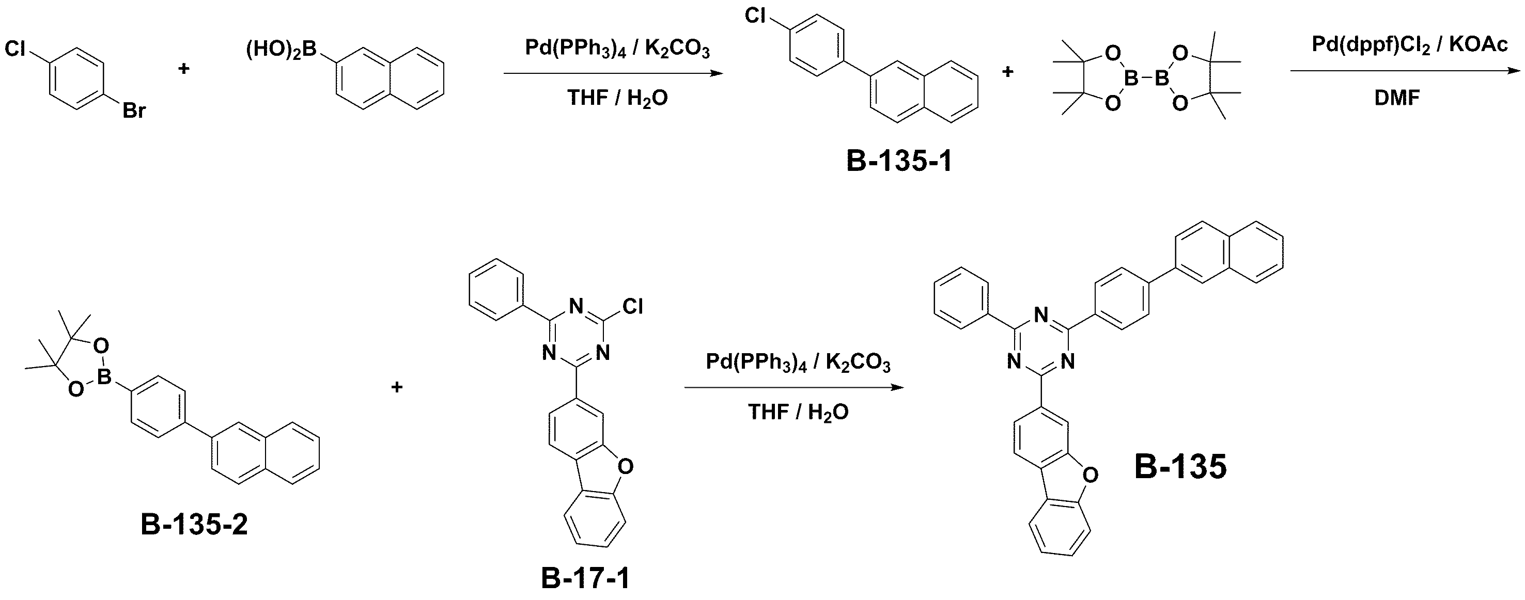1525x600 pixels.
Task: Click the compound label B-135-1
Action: [899, 161]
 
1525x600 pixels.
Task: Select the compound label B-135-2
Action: [194, 524]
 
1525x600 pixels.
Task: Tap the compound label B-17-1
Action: [585, 578]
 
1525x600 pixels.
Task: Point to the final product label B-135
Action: [1180, 467]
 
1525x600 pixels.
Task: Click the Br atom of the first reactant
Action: [134, 110]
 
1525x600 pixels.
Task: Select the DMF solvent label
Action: [1397, 98]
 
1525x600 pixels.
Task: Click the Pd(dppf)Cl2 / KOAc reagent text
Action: [1409, 45]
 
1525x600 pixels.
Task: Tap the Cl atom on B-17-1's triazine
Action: [632, 307]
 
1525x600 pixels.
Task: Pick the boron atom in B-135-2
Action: [105, 376]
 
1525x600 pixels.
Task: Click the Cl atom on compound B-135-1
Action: [755, 16]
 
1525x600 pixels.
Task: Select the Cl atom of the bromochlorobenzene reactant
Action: [16, 49]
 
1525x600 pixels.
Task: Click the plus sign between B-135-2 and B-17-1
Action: [397, 387]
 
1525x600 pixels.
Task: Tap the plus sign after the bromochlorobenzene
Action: [184, 69]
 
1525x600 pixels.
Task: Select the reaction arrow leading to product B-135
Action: [795, 388]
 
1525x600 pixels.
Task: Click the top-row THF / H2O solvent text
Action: [617, 98]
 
